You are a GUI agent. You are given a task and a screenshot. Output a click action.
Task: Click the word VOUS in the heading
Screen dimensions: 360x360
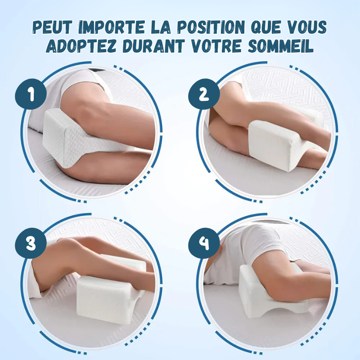coord(307,27)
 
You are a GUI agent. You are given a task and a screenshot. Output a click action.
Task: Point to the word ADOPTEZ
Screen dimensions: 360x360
coord(81,45)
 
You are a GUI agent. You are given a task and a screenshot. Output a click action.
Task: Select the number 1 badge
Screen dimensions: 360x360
coord(31,94)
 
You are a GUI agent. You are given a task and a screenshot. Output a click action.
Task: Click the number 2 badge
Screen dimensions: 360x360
coord(204,94)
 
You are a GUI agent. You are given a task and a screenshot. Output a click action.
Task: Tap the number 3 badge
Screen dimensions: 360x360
coord(31,243)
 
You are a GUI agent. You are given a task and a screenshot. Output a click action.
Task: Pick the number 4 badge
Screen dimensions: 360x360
coord(204,243)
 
